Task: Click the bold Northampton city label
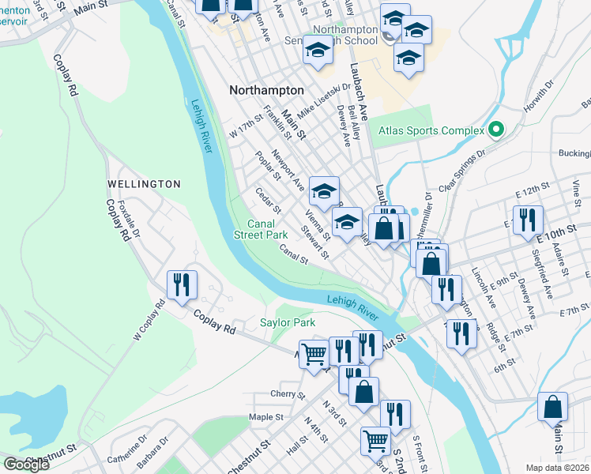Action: point(266,90)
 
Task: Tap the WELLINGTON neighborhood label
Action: point(145,184)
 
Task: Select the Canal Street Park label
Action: point(261,229)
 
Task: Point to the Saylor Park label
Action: point(288,322)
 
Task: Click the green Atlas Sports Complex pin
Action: point(496,129)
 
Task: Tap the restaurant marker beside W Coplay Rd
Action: point(183,285)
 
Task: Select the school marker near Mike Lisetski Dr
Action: point(318,51)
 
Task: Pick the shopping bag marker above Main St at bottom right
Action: point(553,407)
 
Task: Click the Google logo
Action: point(26,465)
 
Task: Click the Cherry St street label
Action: point(282,393)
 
